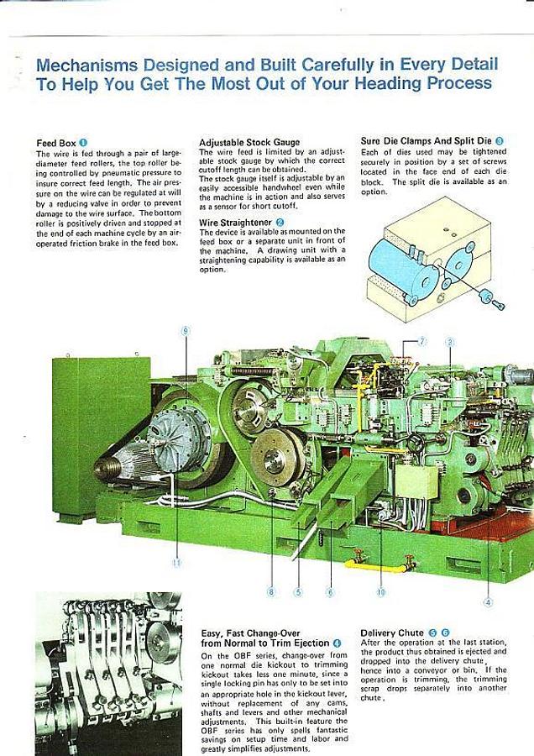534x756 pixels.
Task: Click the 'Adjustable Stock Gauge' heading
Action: pos(249,143)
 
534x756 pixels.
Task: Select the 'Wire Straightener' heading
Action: pos(236,223)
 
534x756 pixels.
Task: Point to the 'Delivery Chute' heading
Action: pos(392,633)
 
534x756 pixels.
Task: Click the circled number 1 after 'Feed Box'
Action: pos(83,143)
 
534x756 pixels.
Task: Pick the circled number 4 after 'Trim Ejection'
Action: pos(337,643)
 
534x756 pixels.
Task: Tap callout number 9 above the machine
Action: pos(186,330)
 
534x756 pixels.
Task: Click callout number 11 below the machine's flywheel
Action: pos(176,563)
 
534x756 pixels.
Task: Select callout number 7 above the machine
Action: pos(422,341)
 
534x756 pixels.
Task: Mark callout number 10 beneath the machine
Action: pos(380,592)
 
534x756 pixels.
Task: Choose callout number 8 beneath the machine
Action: pos(270,592)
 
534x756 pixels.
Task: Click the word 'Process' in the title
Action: pos(459,83)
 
